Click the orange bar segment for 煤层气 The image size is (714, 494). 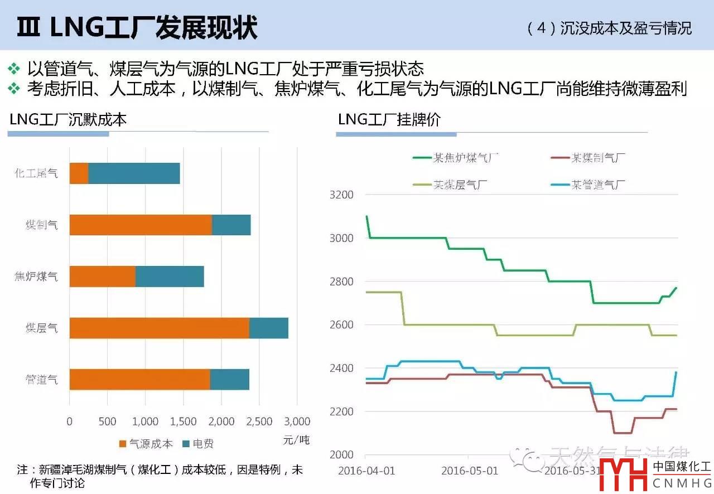(x=159, y=328)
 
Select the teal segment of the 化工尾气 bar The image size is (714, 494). (x=134, y=173)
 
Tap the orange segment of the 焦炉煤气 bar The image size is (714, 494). (x=102, y=277)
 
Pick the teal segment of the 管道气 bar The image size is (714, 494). (x=229, y=379)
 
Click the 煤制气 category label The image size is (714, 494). (x=42, y=225)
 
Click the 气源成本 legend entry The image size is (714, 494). (x=146, y=444)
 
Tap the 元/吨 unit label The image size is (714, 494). (x=296, y=439)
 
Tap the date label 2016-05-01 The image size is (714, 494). (x=470, y=471)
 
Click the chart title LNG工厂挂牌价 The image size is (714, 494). (x=389, y=119)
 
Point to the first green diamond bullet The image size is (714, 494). (x=14, y=69)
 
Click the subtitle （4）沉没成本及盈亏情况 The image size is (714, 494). (x=609, y=28)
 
